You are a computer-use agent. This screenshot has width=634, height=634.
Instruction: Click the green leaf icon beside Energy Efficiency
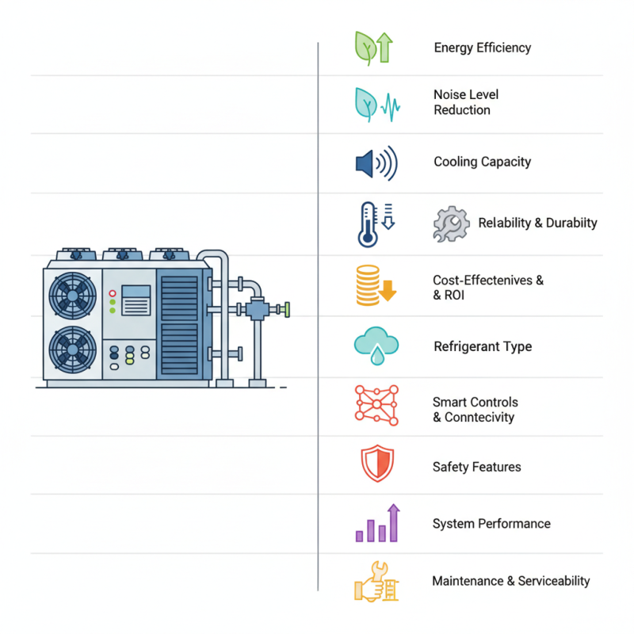point(366,48)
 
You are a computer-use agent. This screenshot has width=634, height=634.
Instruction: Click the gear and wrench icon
point(451,224)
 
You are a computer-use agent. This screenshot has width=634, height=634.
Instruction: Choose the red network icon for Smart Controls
point(375,404)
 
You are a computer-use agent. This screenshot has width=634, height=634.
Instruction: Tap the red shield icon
point(376,464)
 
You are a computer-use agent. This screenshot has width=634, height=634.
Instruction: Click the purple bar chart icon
point(377,523)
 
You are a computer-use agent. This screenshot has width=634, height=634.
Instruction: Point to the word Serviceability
point(554,581)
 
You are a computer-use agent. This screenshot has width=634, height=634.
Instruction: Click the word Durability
point(571,223)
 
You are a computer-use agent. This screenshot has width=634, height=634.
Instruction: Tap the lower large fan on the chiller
point(71,349)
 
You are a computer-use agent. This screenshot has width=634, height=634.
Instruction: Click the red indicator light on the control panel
point(113,292)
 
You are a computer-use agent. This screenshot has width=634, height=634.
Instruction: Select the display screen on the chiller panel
point(136,301)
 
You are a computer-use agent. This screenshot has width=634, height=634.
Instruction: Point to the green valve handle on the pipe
point(289,307)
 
